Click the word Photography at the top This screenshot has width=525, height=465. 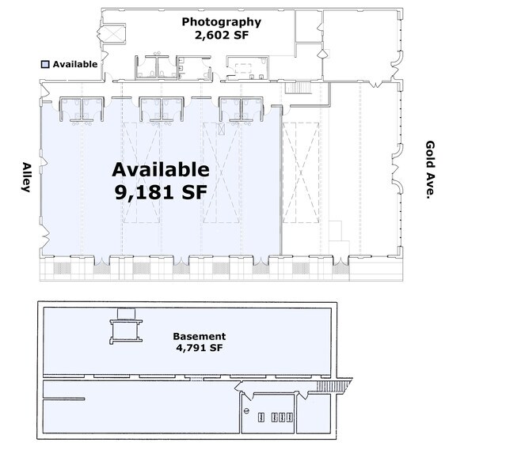221,22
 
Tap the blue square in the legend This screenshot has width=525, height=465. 46,64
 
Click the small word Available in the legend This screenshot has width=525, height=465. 75,64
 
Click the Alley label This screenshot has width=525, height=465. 26,181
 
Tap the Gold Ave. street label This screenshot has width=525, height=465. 431,170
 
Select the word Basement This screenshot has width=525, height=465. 200,336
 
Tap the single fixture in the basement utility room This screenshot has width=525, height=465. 247,412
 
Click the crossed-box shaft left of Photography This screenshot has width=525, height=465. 110,34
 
